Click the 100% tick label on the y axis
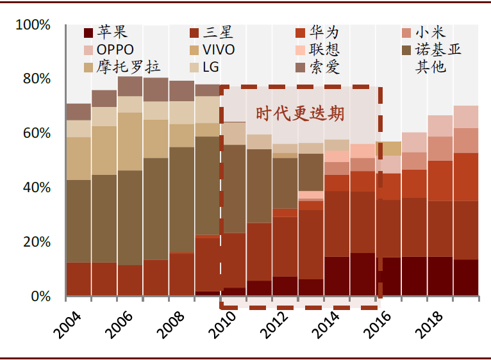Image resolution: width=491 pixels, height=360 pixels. tap(33, 25)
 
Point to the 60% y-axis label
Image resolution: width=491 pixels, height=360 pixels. tap(37, 133)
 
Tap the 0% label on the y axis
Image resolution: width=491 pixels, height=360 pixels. tap(41, 296)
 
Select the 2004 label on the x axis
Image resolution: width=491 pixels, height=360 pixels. tap(67, 325)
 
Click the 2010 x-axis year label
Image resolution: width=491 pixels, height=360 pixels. tap(222, 325)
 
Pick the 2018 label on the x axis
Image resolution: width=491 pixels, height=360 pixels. tap(429, 325)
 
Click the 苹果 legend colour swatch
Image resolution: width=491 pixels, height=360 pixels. tap(88, 33)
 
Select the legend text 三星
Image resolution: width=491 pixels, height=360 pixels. tap(218, 32)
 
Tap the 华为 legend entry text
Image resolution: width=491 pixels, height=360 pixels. tap(324, 32)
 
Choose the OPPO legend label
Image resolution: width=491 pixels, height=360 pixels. tap(115, 50)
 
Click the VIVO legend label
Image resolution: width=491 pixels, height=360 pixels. tap(219, 50)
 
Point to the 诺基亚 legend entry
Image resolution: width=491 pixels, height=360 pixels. tap(438, 49)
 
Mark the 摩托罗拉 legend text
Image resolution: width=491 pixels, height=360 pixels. tap(128, 67)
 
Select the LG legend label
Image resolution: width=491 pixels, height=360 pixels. tap(211, 67)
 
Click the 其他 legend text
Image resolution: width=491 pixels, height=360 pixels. tap(430, 67)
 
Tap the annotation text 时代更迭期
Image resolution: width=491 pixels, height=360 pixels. tap(300, 113)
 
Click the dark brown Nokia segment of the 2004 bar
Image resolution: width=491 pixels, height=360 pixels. tap(79, 221)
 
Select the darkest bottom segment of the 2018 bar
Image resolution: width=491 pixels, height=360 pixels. tap(440, 276)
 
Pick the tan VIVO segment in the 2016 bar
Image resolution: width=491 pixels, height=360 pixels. tap(388, 149)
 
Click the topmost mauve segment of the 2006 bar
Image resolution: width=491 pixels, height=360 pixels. tap(130, 86)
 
